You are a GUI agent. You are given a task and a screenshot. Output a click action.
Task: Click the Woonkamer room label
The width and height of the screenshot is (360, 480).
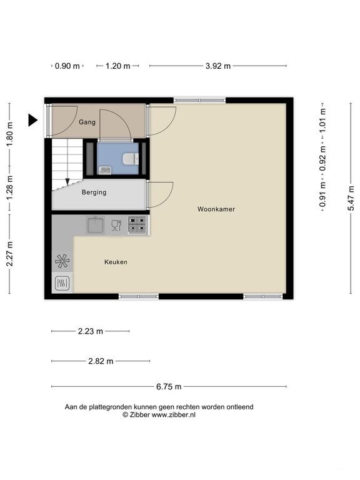tap(216, 209)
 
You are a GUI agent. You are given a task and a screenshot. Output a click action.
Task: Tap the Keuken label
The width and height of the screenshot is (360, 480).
tap(116, 262)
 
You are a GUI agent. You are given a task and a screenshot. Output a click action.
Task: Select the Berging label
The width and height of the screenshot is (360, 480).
tap(94, 192)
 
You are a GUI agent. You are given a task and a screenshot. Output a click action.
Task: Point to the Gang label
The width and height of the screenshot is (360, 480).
tap(87, 122)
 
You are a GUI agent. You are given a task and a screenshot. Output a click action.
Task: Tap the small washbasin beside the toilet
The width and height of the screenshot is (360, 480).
tap(105, 170)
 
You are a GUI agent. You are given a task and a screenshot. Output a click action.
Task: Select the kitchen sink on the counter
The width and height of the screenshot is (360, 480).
tap(96, 225)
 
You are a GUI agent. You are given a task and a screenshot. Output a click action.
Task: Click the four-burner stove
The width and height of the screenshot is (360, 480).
tap(137, 225)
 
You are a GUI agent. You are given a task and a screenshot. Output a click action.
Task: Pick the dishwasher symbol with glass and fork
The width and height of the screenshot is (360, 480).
tap(116, 225)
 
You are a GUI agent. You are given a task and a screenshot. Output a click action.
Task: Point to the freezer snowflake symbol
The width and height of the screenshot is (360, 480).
tap(62, 261)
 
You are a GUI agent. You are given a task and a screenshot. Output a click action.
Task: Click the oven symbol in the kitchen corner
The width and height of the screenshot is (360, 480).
tap(62, 284)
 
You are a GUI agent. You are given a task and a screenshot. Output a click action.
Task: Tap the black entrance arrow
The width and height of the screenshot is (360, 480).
tap(32, 120)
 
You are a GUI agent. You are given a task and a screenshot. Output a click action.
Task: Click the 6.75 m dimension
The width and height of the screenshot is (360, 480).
tap(169, 387)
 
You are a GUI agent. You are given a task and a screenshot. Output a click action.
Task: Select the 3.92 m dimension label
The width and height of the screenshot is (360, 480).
tap(218, 66)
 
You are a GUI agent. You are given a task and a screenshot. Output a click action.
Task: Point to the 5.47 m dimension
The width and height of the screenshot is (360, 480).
tap(351, 198)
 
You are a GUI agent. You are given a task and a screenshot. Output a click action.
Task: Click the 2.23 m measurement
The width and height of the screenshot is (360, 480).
tap(90, 331)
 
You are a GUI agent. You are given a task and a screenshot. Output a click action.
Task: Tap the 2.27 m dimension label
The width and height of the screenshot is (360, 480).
tap(10, 254)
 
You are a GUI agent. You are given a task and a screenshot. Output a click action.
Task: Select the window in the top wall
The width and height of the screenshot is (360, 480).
tap(199, 101)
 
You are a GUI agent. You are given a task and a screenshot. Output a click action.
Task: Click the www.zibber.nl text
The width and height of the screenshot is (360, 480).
tap(174, 415)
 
